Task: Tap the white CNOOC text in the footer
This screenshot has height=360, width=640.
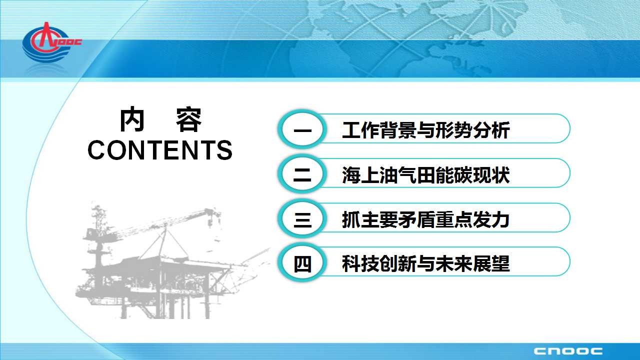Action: click(x=568, y=351)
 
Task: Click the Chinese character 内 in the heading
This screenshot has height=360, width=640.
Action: click(x=131, y=120)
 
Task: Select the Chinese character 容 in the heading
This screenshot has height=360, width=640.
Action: click(x=188, y=120)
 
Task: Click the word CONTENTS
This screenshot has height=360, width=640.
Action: click(x=160, y=150)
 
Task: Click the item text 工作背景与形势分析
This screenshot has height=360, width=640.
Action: click(x=426, y=130)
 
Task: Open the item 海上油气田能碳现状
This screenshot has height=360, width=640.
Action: click(x=426, y=175)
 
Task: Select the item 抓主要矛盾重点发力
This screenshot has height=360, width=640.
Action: click(x=426, y=219)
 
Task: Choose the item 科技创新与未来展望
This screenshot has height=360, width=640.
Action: click(x=426, y=263)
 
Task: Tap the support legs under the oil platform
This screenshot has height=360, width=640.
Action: click(x=165, y=305)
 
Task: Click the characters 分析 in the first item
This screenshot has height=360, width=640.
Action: click(x=491, y=130)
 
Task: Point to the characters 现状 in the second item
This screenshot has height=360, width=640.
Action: click(x=491, y=175)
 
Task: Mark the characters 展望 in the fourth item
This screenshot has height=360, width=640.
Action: click(x=491, y=263)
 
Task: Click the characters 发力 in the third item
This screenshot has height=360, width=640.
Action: click(x=491, y=219)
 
